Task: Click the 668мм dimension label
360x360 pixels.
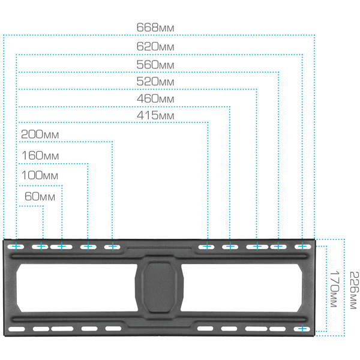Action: (155, 28)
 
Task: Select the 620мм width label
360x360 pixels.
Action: (155, 46)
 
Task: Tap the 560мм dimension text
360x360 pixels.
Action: (155, 64)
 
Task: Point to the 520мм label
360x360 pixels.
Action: (155, 80)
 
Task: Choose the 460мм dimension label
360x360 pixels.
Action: (155, 98)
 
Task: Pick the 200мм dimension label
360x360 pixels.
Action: (40, 134)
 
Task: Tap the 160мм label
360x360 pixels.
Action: (40, 155)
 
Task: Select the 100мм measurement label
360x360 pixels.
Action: (40, 176)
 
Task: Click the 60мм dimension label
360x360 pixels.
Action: (40, 196)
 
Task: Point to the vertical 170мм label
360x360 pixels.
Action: (334, 289)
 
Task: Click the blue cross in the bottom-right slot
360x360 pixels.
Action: (302, 329)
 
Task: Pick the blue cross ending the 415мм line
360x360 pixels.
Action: (208, 246)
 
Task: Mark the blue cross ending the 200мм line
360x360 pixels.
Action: (112, 246)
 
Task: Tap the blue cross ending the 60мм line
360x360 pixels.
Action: (42, 246)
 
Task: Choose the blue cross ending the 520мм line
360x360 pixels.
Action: (257, 246)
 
